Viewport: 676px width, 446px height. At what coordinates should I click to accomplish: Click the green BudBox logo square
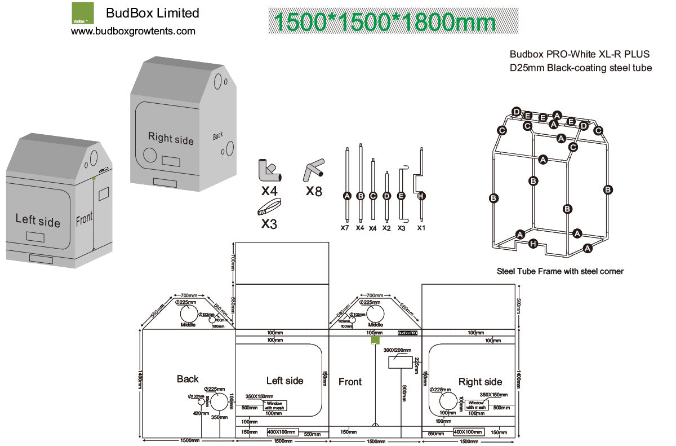click(x=83, y=12)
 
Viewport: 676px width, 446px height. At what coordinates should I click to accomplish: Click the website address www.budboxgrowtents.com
click(x=133, y=31)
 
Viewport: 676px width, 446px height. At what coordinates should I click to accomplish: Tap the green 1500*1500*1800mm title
click(x=385, y=21)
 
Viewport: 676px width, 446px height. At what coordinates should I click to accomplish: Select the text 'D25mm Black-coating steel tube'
click(x=581, y=68)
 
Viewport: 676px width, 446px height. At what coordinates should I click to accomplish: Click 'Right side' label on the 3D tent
click(x=171, y=138)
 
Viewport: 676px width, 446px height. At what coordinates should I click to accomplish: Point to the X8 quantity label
click(x=314, y=191)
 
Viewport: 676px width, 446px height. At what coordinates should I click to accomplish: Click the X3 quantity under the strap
click(x=269, y=223)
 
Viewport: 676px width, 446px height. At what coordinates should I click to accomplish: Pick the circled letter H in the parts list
click(x=421, y=196)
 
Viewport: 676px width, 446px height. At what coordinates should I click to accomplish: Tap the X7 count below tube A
click(x=345, y=228)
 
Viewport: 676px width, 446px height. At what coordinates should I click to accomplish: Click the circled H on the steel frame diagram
click(x=533, y=244)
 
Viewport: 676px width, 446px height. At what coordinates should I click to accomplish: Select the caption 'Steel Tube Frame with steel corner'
click(x=560, y=271)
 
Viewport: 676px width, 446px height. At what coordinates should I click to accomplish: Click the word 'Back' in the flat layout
click(x=188, y=379)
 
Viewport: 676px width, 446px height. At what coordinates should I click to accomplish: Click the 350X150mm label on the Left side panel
click(x=259, y=396)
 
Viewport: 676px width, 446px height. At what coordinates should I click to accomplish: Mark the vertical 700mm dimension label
click(x=232, y=263)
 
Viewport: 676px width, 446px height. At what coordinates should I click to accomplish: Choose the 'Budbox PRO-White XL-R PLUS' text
click(x=580, y=54)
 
